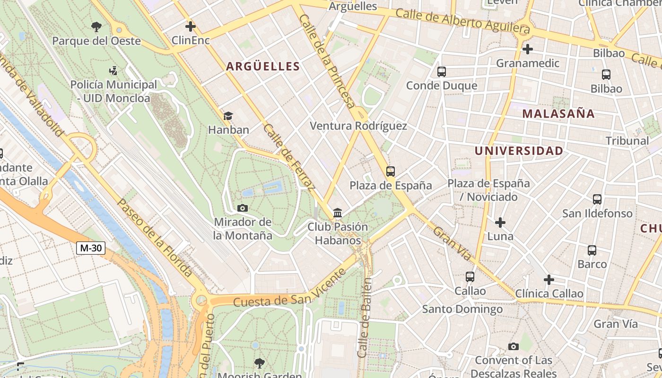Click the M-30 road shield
point(91,248)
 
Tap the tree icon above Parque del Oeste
point(96,26)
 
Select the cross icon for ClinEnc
point(191,26)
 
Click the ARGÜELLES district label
point(263,67)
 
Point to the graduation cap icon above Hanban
point(228,116)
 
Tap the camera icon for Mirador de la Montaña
point(243,208)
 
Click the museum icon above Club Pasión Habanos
point(338,213)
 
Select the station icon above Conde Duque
point(442,72)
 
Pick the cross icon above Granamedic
point(528,49)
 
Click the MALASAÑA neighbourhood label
point(558,114)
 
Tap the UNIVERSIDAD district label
point(519,151)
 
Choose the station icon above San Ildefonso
point(597,199)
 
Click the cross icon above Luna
point(500,222)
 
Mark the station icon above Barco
point(592,250)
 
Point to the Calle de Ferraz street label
point(289,157)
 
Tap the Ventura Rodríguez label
point(358,126)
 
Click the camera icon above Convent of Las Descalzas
point(514,346)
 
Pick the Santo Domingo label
point(462,309)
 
